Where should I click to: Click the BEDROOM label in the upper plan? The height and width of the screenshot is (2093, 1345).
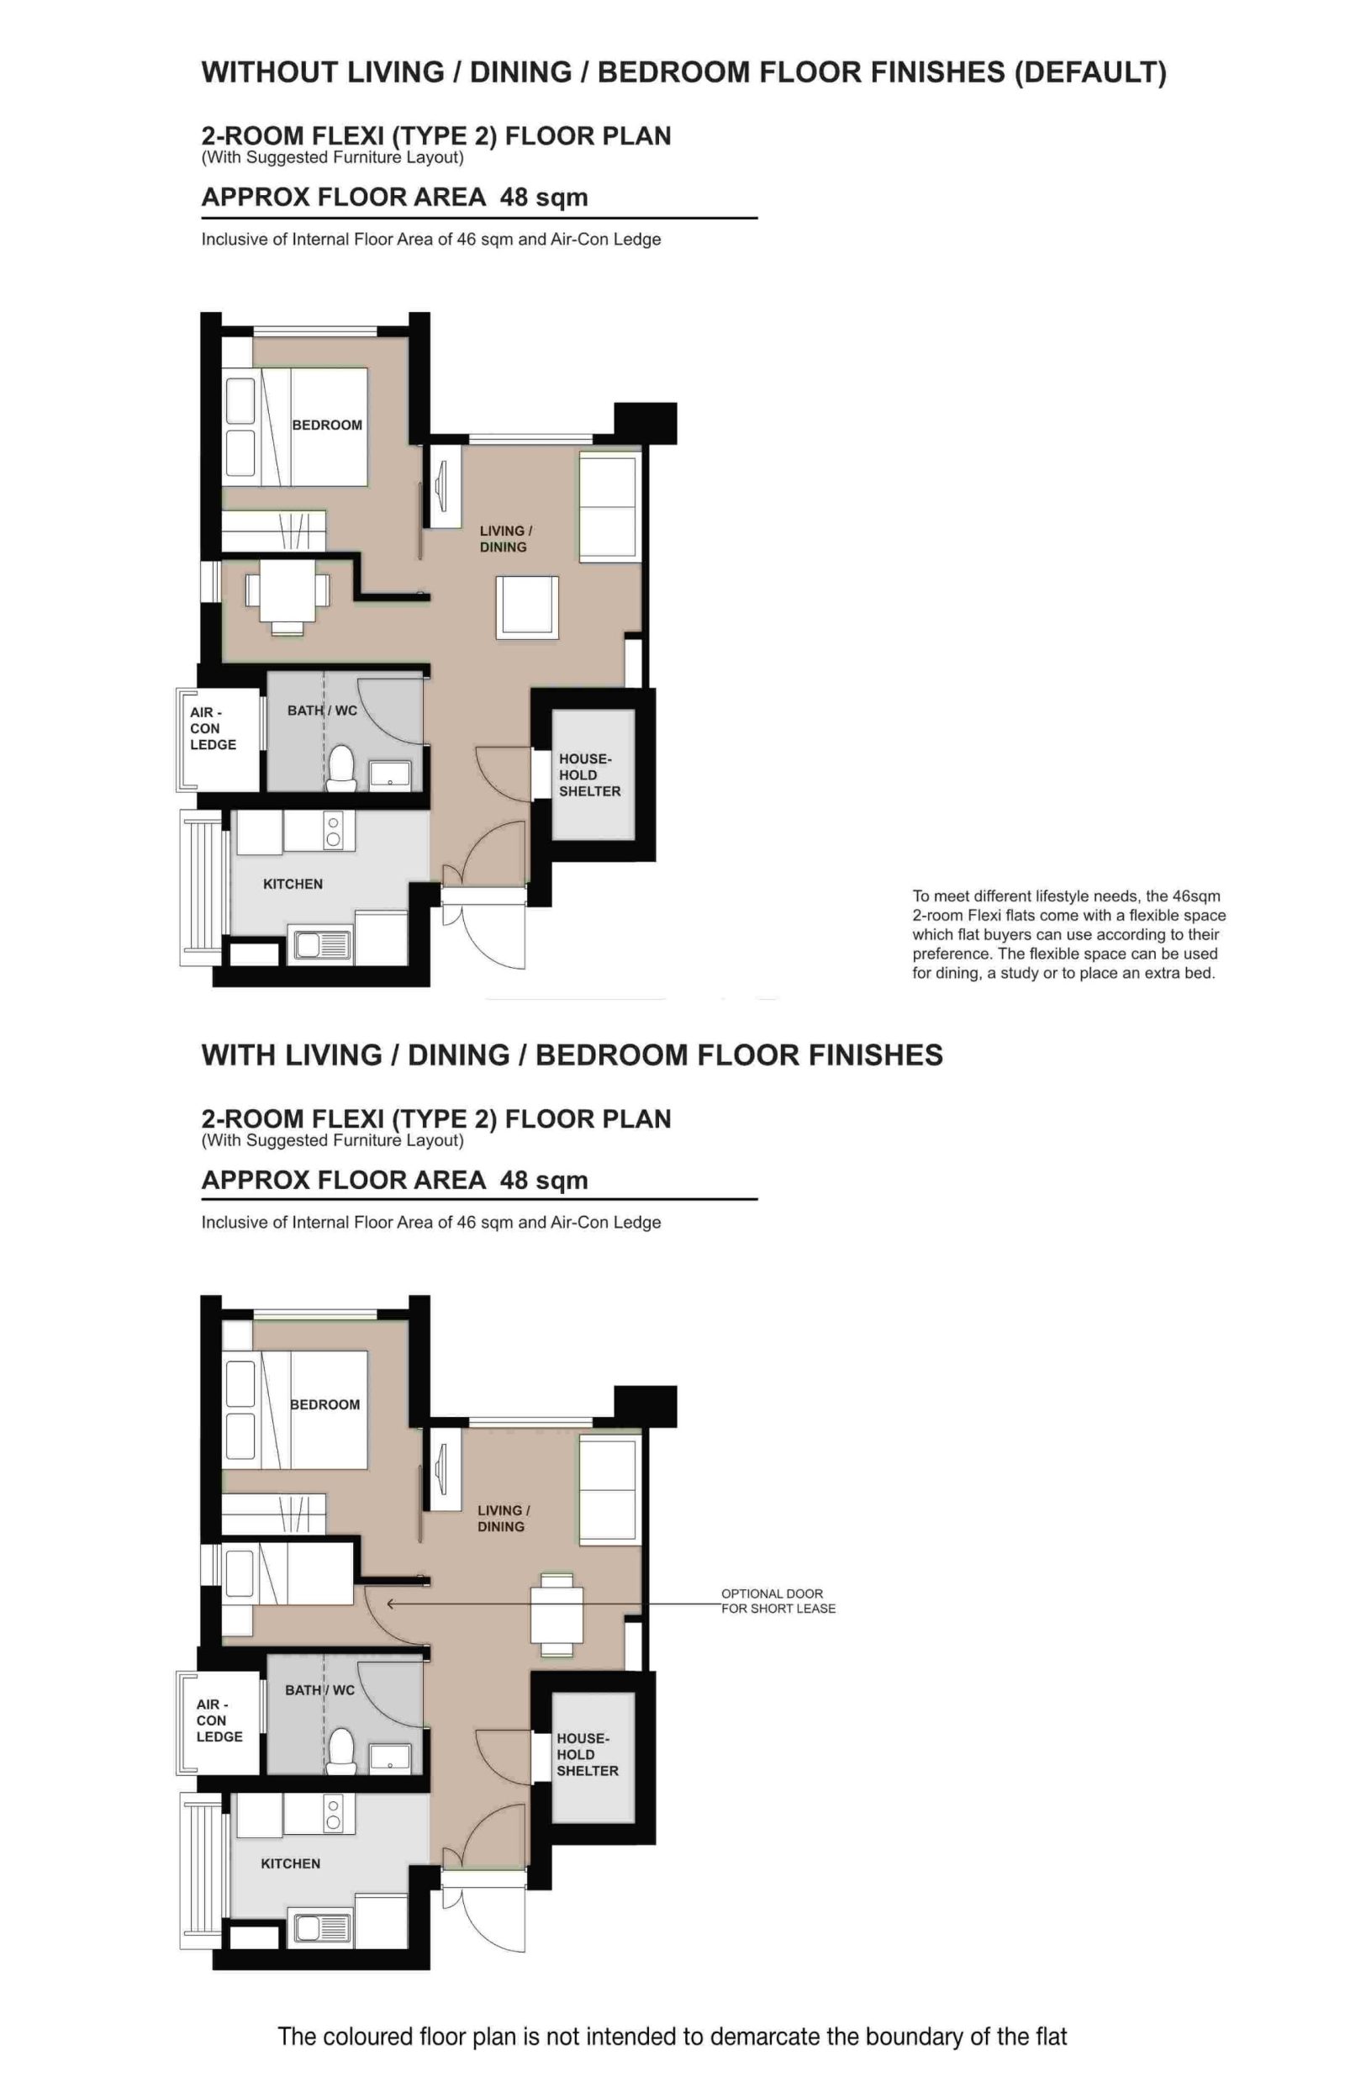coord(327,425)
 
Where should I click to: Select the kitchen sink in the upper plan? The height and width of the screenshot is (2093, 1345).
coord(321,945)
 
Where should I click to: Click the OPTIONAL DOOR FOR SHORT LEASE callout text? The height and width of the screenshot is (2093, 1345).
coord(778,1600)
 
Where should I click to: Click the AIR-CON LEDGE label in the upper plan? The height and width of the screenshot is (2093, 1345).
coord(212,728)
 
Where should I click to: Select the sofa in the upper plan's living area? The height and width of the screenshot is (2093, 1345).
coord(609,507)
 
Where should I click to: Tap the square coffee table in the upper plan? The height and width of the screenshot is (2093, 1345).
coord(526,606)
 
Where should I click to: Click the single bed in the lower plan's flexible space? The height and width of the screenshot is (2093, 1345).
coord(288,1573)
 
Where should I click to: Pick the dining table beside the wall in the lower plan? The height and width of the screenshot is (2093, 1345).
coord(556,1615)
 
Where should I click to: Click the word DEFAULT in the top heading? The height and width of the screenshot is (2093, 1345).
coord(1089,72)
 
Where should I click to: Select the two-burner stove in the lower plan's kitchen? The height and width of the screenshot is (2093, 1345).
coord(333,1813)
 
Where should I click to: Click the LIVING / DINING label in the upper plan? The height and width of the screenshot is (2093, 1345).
coord(505,539)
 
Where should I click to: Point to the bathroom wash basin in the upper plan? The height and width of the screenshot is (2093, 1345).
coord(389,774)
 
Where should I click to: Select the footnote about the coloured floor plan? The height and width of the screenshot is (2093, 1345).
coord(672,2036)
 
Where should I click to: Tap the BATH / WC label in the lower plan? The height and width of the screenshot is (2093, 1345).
coord(319,1690)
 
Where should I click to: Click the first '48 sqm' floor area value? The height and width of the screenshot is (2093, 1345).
coord(543,198)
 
